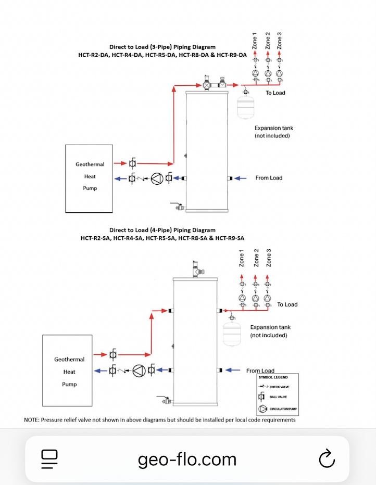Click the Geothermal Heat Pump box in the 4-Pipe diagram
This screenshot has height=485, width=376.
click(x=69, y=372)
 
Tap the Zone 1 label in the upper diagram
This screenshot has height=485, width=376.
click(x=255, y=41)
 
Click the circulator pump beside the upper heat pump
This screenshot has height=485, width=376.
click(x=157, y=178)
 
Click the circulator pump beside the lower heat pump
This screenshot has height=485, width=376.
click(x=139, y=371)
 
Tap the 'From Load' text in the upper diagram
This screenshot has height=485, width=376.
click(x=269, y=178)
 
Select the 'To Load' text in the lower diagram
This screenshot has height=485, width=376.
click(x=287, y=304)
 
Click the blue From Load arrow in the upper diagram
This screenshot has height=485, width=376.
click(x=240, y=178)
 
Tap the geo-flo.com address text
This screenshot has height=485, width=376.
click(x=187, y=459)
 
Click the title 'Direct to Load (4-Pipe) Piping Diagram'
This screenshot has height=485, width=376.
click(x=162, y=230)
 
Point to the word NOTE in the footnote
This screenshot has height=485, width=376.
click(x=31, y=419)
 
